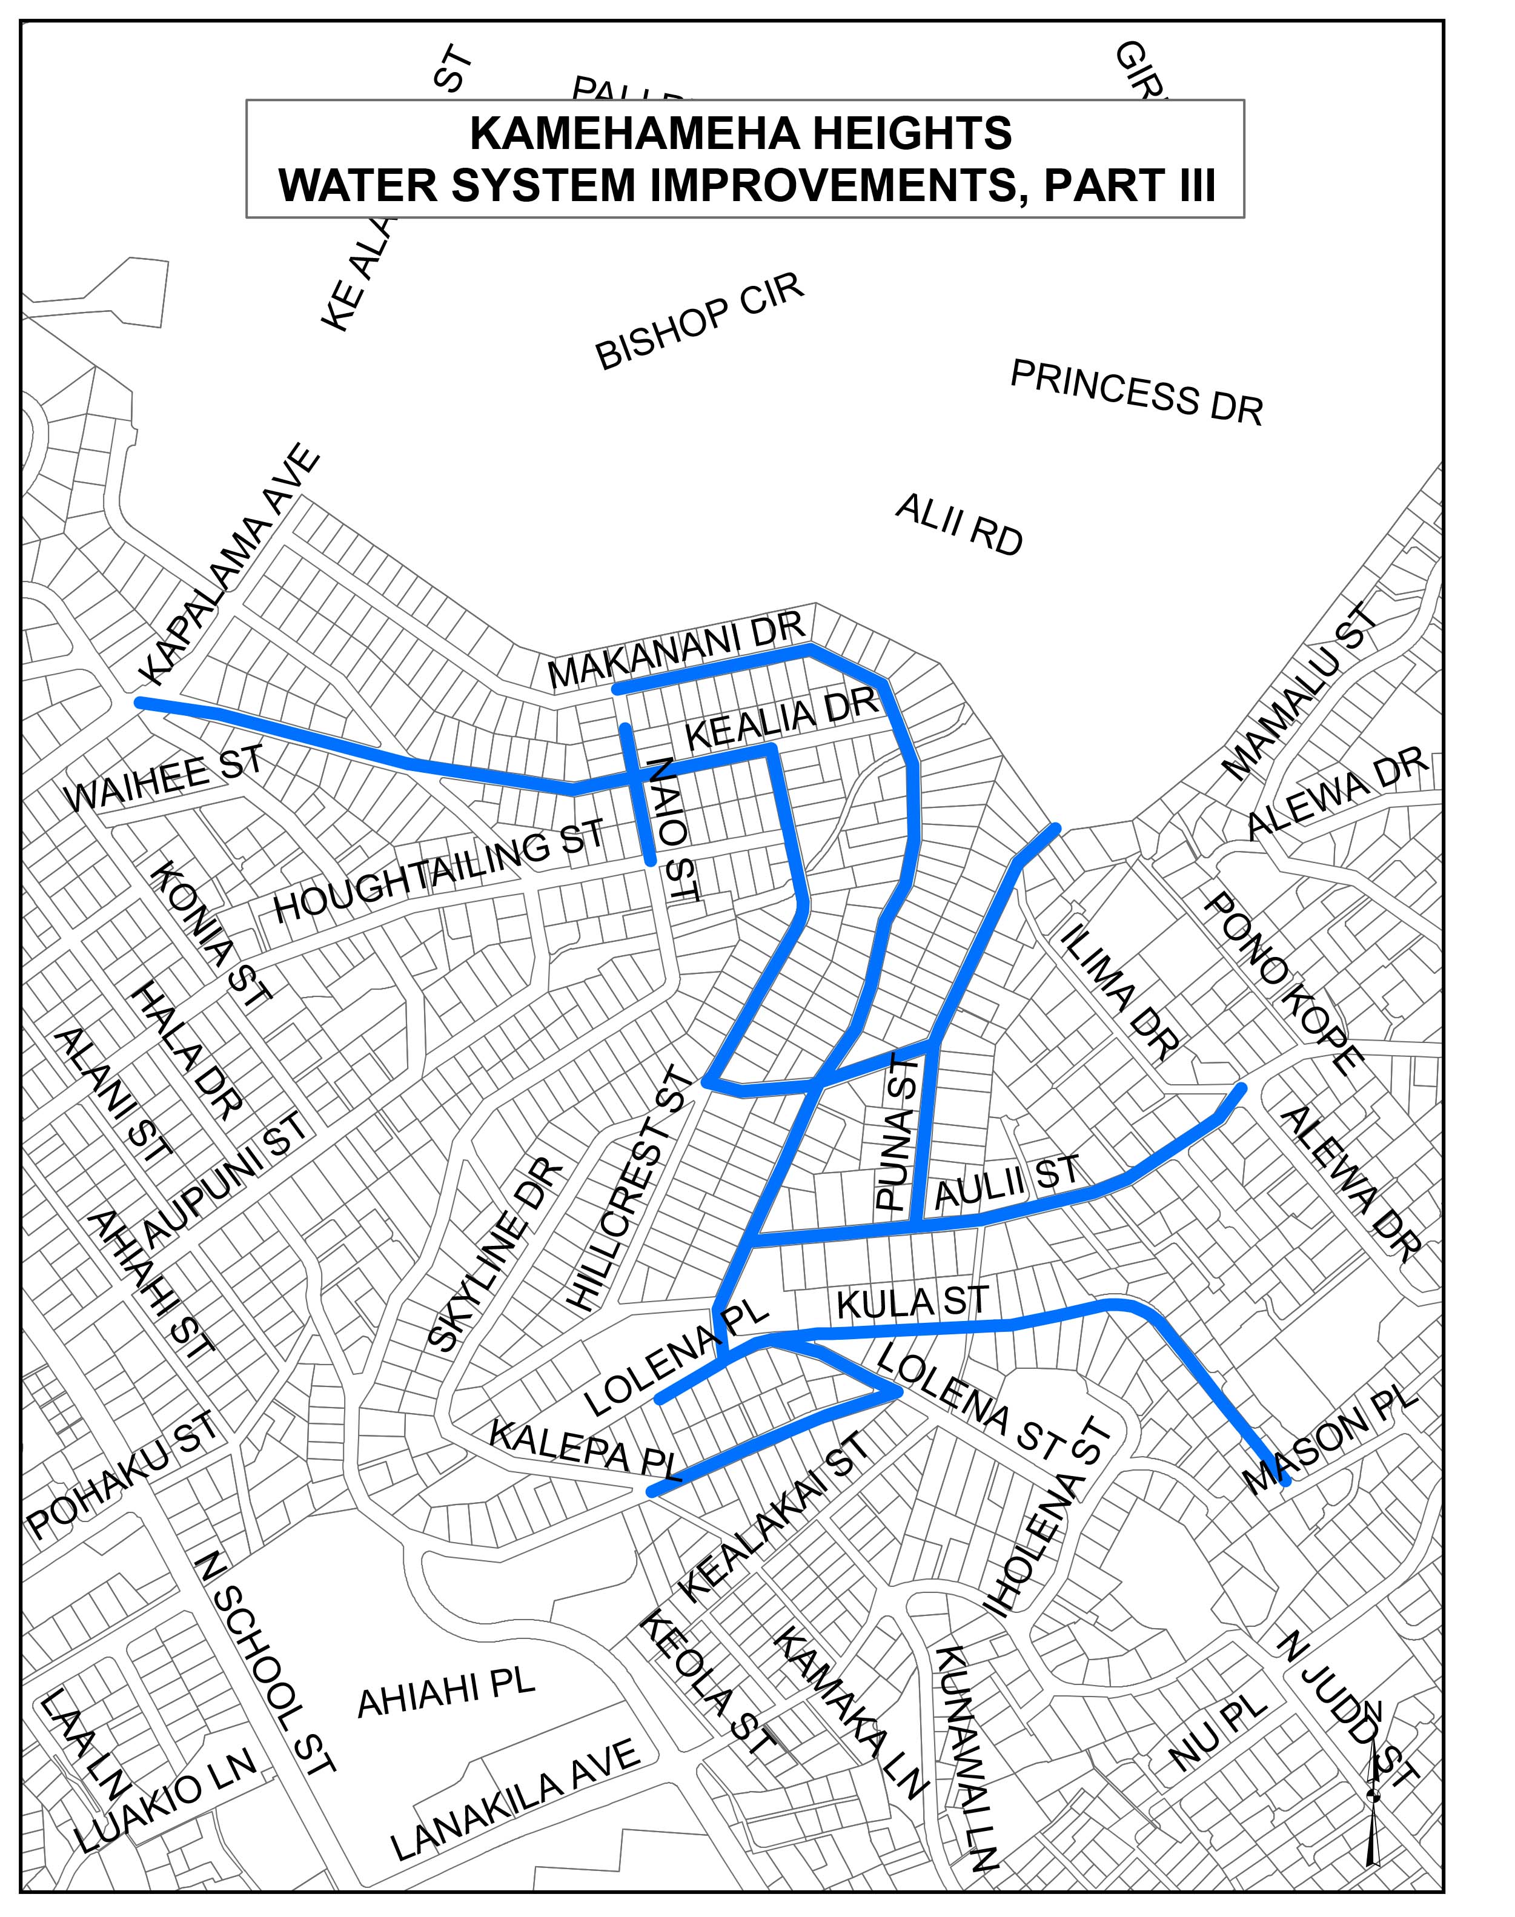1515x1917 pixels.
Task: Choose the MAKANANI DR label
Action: (676, 651)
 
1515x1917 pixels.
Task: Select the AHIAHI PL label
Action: (446, 1693)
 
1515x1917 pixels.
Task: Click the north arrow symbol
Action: (1373, 1791)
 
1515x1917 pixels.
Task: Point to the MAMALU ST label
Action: (1301, 692)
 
